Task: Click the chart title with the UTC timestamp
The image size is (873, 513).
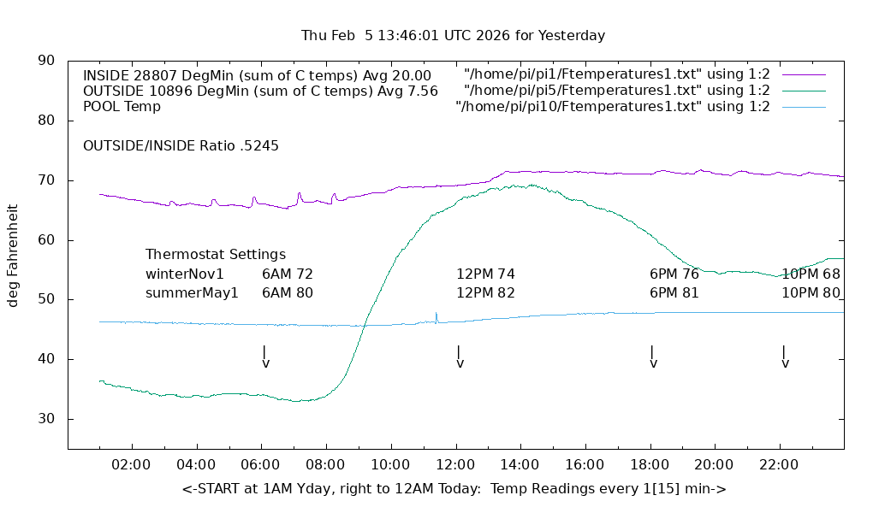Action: pyautogui.click(x=453, y=36)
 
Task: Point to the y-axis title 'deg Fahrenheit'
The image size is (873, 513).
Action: pyautogui.click(x=13, y=255)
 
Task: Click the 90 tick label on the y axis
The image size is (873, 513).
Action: pyautogui.click(x=46, y=61)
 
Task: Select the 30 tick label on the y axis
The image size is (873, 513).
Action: pyautogui.click(x=46, y=419)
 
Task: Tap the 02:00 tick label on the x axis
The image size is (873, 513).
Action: pyautogui.click(x=133, y=464)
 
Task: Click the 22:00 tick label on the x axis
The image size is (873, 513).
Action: pyautogui.click(x=779, y=464)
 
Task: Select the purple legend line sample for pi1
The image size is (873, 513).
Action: pyautogui.click(x=803, y=74)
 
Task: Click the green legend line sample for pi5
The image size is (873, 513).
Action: pyautogui.click(x=803, y=91)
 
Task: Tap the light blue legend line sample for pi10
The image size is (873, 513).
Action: pyautogui.click(x=803, y=107)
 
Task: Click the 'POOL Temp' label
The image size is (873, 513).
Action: pyautogui.click(x=122, y=107)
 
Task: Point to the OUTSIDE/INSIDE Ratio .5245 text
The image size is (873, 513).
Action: pyautogui.click(x=181, y=146)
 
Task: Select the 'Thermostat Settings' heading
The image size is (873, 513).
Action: pyautogui.click(x=216, y=255)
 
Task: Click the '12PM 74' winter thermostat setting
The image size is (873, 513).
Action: pyautogui.click(x=485, y=274)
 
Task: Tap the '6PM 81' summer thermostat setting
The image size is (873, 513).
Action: pyautogui.click(x=674, y=293)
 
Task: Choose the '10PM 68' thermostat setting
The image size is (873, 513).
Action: pyautogui.click(x=811, y=274)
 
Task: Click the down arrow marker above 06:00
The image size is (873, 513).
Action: pyautogui.click(x=265, y=357)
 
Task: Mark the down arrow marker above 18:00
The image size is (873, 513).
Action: pyautogui.click(x=653, y=357)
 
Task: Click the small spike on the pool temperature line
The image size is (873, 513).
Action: pyautogui.click(x=436, y=315)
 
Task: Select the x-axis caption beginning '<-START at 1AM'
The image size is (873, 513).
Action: pyautogui.click(x=454, y=489)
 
